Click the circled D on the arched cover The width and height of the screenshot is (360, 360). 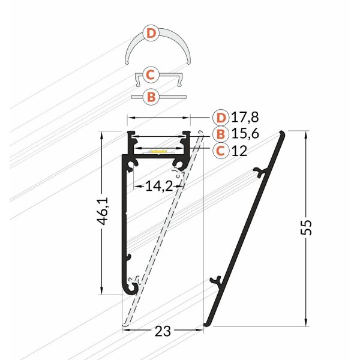pos(152,34)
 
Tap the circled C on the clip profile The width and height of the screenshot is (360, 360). pos(151,75)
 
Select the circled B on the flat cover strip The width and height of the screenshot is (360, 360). pos(152,96)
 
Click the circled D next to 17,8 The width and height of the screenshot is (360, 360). pos(221,117)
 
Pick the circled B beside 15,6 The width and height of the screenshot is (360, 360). pos(221,134)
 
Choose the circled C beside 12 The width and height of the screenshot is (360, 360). pos(221,151)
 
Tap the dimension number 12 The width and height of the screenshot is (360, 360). pos(239,151)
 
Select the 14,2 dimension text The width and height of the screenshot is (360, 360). pos(158,187)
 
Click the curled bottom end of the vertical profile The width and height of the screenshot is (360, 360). pos(130,289)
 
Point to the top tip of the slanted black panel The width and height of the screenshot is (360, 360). pos(282,132)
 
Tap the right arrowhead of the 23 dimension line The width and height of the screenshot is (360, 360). pos(201,329)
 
